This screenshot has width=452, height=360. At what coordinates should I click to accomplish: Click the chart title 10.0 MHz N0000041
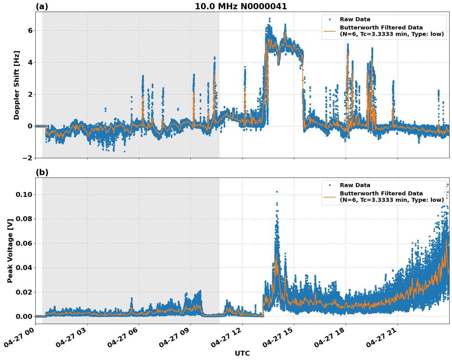click(241, 6)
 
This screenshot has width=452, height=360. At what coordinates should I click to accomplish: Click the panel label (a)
click(42, 6)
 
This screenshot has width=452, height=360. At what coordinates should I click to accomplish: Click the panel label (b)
click(42, 172)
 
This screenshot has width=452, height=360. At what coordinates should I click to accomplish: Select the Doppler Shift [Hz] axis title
click(17, 85)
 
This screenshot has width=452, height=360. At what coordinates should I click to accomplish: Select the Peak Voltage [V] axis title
click(10, 251)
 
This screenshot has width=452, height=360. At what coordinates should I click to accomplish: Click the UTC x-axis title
click(242, 353)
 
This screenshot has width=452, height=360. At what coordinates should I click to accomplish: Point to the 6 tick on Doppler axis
click(30, 31)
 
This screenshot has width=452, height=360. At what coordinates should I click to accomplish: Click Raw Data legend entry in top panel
click(355, 19)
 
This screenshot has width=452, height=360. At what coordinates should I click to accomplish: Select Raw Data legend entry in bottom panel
click(355, 185)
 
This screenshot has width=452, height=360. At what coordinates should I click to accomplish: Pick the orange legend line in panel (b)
click(330, 197)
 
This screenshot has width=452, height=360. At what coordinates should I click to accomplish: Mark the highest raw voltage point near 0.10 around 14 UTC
click(277, 192)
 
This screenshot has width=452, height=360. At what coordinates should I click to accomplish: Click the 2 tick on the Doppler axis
click(30, 94)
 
